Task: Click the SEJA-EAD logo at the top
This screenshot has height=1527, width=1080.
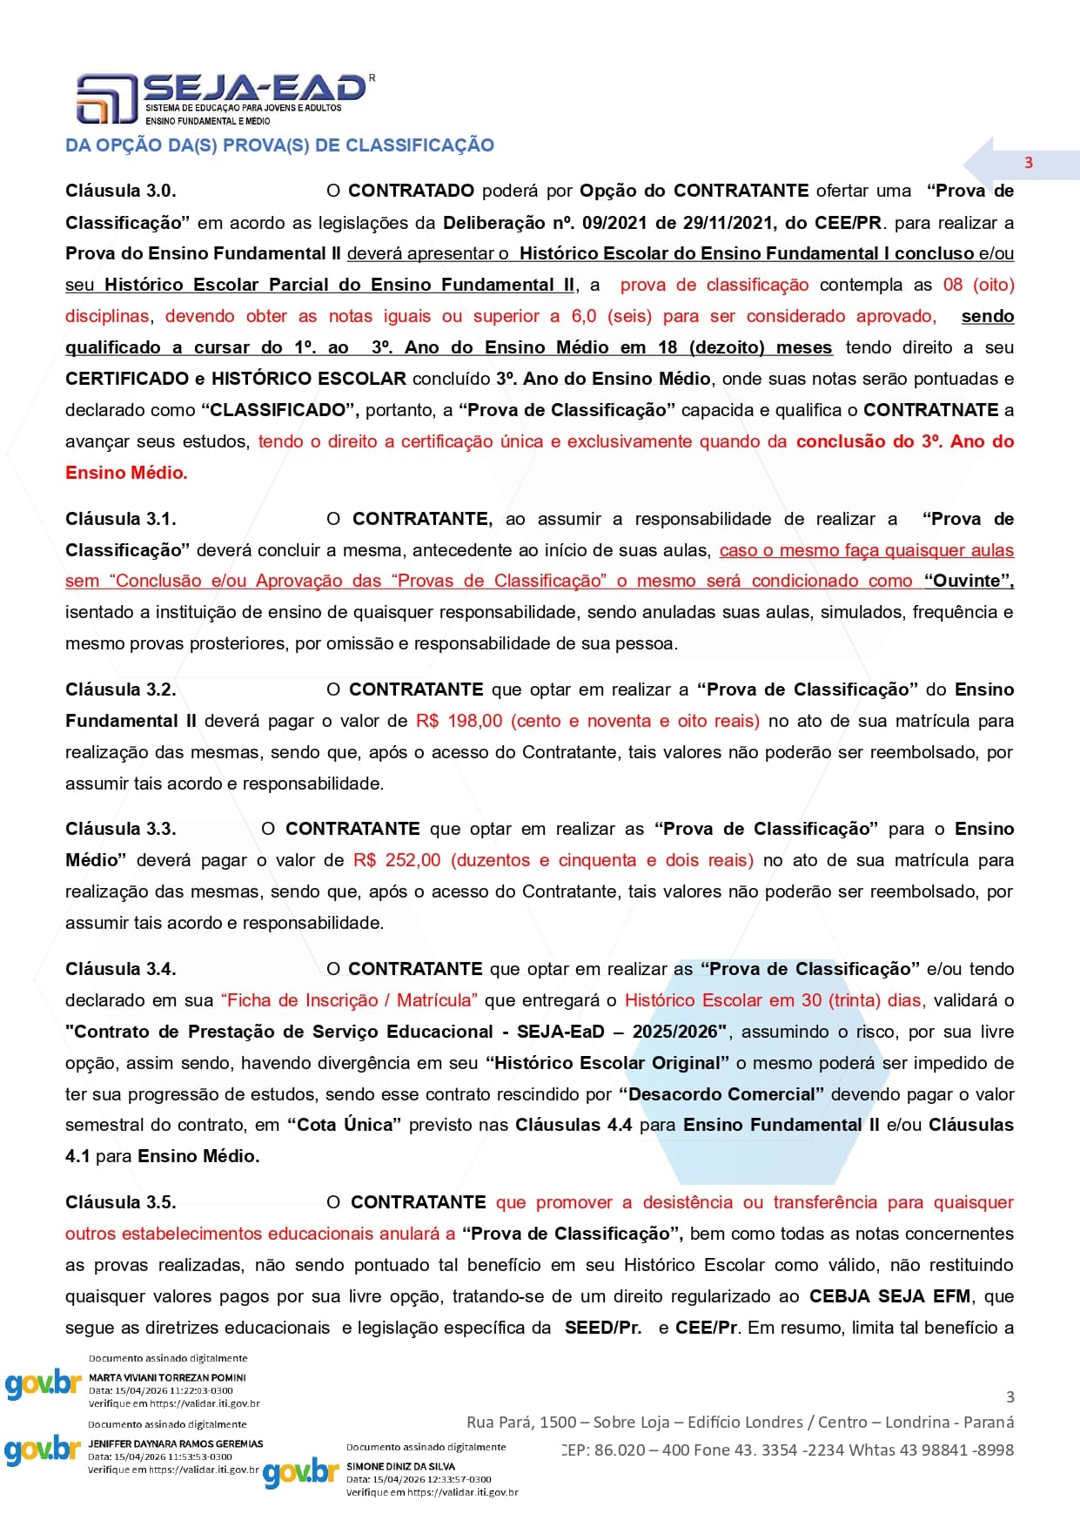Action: (222, 98)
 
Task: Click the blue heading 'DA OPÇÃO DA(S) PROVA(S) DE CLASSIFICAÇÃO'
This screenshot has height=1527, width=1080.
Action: (279, 145)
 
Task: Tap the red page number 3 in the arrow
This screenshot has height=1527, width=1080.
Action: (1029, 163)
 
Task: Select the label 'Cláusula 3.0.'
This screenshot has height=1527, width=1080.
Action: (121, 191)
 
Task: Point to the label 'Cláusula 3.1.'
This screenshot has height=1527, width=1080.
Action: (121, 519)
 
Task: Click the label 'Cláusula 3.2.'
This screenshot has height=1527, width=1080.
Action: (121, 690)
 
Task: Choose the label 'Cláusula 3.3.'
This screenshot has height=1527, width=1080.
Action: (121, 829)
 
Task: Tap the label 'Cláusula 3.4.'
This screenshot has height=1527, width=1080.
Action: (121, 969)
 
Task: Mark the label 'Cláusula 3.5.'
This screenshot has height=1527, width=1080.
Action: (121, 1202)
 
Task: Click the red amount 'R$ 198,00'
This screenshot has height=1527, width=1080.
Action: (460, 721)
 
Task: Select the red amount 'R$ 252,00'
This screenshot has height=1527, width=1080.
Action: (397, 860)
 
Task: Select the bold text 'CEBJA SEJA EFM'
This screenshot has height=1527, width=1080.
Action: (889, 1296)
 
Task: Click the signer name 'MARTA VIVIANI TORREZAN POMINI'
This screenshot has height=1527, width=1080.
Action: (167, 1377)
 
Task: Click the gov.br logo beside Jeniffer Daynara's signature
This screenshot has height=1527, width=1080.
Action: (42, 1450)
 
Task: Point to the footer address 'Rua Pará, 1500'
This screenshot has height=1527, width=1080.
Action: (521, 1422)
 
